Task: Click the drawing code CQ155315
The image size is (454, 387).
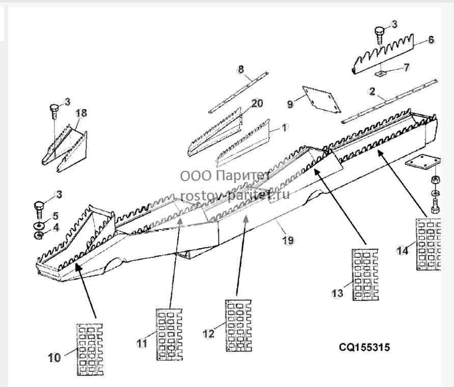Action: pyautogui.click(x=364, y=347)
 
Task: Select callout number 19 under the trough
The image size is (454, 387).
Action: pyautogui.click(x=288, y=240)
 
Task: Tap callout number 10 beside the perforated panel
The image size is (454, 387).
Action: pyautogui.click(x=55, y=358)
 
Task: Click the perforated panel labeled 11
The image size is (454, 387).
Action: pyautogui.click(x=169, y=335)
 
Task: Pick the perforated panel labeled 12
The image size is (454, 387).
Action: pyautogui.click(x=238, y=326)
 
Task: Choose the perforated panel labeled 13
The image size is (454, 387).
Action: pyautogui.click(x=365, y=275)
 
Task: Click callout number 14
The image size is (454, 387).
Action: pyautogui.click(x=403, y=250)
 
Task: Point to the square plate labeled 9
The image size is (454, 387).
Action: pyautogui.click(x=322, y=99)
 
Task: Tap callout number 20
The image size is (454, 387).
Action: pyautogui.click(x=257, y=103)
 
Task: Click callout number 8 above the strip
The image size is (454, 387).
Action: pyautogui.click(x=241, y=70)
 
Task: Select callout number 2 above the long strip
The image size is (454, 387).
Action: pyautogui.click(x=372, y=92)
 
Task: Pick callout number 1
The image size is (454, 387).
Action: pyautogui.click(x=284, y=128)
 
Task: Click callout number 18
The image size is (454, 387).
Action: pyautogui.click(x=82, y=113)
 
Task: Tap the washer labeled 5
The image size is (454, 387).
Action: pyautogui.click(x=39, y=225)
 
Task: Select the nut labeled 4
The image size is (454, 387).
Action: pyautogui.click(x=38, y=235)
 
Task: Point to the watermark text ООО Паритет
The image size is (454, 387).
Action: pyautogui.click(x=225, y=176)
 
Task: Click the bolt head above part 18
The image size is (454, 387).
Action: pyautogui.click(x=54, y=108)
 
